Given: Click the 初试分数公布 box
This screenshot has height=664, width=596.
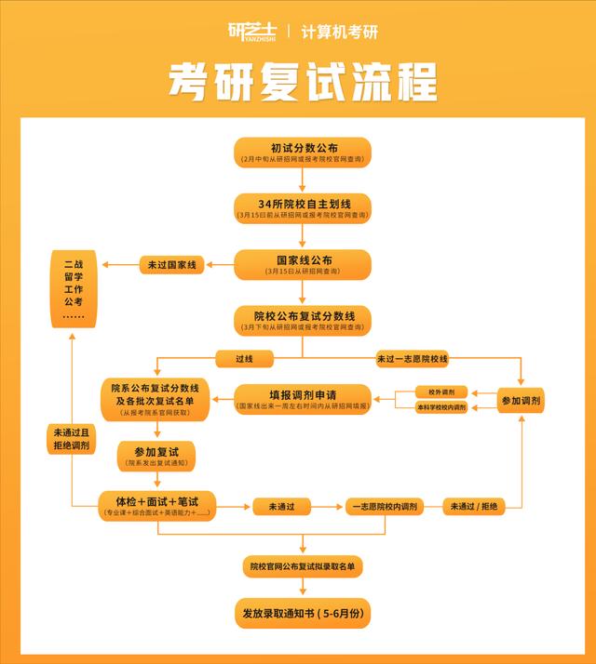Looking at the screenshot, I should [303, 153].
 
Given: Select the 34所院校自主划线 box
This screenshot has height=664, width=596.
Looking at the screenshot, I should [303, 208].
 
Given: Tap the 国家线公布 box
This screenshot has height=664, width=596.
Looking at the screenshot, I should [303, 264].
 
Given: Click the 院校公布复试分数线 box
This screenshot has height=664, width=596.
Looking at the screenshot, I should [303, 320].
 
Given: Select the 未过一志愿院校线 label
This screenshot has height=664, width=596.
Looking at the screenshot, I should [412, 358].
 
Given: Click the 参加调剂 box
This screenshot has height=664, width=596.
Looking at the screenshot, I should [520, 400].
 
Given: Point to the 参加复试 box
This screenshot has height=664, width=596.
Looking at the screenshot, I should [155, 455].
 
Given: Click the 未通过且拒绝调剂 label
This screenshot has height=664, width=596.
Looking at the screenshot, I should [72, 438].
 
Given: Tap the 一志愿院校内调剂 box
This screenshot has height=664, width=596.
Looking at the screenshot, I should [385, 507].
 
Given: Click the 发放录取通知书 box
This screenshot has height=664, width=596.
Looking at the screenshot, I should [303, 613].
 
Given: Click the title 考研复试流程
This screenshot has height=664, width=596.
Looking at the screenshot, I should [302, 83].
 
